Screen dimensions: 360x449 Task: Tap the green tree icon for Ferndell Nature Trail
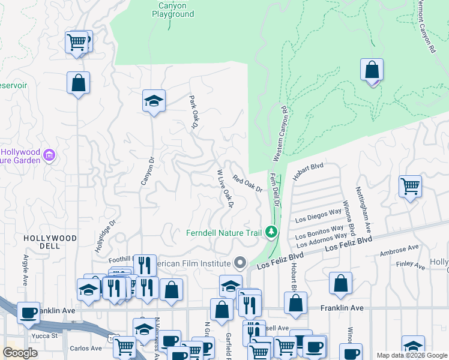272,232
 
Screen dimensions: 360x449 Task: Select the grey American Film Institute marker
241,263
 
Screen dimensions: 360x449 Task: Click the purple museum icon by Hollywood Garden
50,156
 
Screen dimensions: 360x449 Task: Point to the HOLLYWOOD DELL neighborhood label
50,238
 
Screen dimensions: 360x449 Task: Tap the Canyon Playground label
176,10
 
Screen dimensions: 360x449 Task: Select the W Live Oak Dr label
224,188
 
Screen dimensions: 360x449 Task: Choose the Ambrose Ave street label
399,250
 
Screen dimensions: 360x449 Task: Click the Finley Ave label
411,263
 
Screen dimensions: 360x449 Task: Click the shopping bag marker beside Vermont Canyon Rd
372,70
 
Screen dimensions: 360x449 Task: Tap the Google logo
20,353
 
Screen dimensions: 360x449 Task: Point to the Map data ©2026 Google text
411,355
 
